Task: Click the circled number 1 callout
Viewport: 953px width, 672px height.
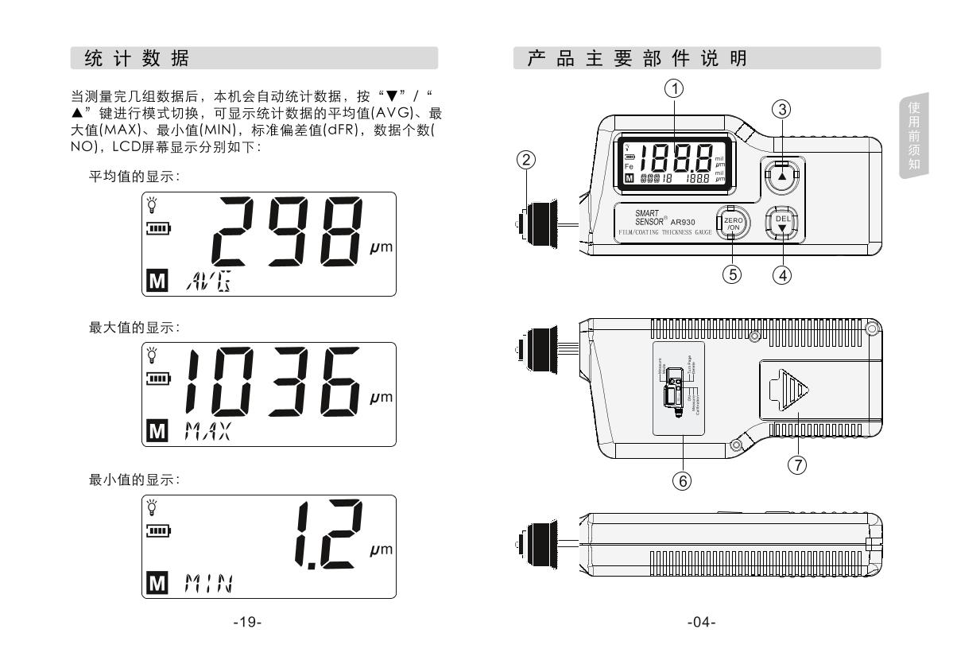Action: tap(676, 90)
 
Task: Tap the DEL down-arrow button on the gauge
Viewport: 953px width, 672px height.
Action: tap(782, 224)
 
